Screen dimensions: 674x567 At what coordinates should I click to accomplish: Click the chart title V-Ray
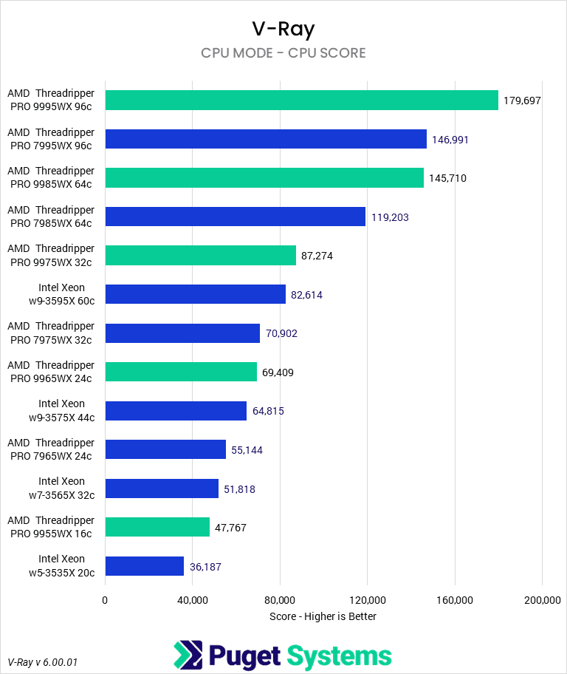[x=283, y=29]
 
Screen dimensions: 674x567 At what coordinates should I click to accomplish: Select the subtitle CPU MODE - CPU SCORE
[x=283, y=53]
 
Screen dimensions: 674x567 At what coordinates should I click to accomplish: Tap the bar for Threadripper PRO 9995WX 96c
[x=301, y=100]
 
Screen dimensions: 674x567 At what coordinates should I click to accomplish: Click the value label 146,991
[x=450, y=139]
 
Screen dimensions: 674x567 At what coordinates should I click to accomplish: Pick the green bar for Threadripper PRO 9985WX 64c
[x=264, y=177]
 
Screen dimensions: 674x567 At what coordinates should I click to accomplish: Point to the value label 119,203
[x=390, y=217]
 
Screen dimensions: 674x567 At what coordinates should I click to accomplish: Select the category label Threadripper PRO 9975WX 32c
[x=51, y=255]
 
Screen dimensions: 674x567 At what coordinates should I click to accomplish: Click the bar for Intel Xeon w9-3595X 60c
[x=195, y=294]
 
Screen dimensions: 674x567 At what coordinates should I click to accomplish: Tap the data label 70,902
[x=284, y=333]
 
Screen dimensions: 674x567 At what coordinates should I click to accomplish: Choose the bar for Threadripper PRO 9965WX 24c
[x=181, y=372]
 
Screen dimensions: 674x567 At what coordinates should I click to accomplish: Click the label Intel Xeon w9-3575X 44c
[x=61, y=411]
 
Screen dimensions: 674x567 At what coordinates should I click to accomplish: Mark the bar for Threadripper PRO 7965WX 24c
[x=165, y=449]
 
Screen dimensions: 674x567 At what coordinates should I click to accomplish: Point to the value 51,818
[x=240, y=489]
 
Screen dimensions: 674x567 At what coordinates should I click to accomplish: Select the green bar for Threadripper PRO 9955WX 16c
[x=157, y=527]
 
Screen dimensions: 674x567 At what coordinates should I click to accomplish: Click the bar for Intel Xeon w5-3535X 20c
[x=144, y=566]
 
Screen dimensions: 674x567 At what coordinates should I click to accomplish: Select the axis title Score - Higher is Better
[x=323, y=616]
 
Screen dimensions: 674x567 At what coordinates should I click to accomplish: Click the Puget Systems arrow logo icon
[x=188, y=656]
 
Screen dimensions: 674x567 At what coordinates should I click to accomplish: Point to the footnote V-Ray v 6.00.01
[x=42, y=661]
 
